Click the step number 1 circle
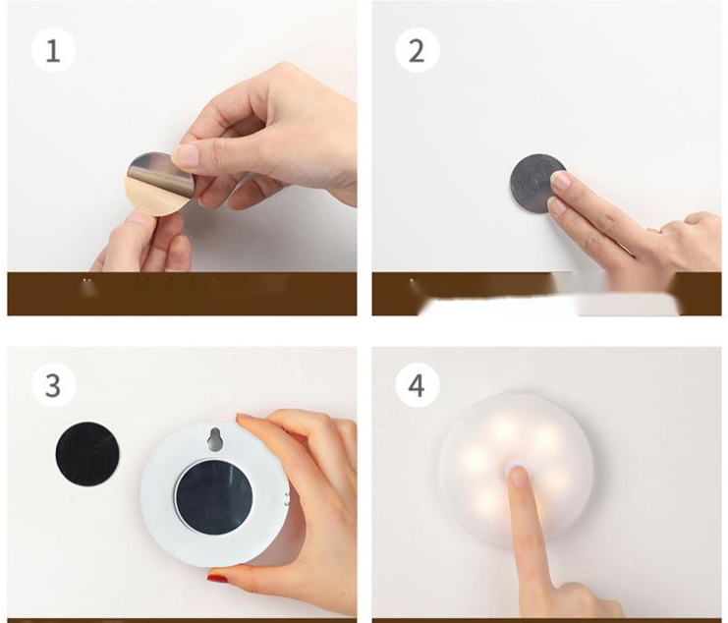53,50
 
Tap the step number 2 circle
418,50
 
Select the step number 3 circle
53,385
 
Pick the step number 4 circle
418,385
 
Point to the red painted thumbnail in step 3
217,579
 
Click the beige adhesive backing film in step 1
154,198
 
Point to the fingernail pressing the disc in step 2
561,180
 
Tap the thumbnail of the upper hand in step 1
187,155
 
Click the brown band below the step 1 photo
182,294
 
